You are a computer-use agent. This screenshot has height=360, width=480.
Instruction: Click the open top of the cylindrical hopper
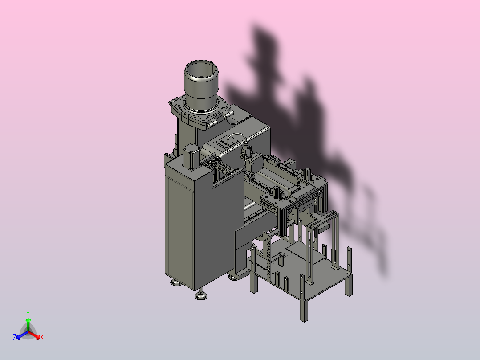201,70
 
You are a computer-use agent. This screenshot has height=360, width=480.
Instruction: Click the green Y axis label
28,313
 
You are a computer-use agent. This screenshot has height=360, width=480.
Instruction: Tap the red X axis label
42,337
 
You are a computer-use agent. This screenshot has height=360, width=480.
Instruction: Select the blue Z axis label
15,337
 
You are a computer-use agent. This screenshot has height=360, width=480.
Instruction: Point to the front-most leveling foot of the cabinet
201,295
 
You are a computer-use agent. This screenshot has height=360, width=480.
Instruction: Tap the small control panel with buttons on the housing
225,142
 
